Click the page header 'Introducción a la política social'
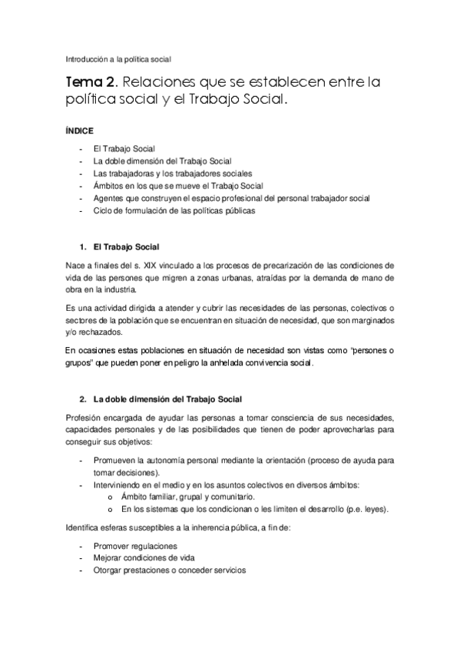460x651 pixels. (117, 58)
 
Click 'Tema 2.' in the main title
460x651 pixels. (91, 81)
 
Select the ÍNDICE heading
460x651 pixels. (79, 131)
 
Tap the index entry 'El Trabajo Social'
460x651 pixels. (124, 149)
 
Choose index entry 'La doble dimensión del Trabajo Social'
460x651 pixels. (157, 161)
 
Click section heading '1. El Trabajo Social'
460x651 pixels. (119, 247)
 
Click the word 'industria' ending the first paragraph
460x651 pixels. (117, 289)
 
